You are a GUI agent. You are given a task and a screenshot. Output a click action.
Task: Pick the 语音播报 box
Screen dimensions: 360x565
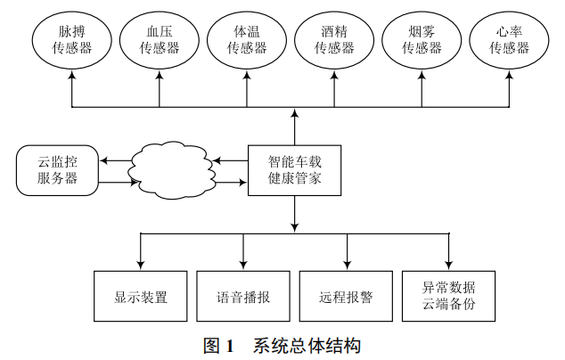(x=243, y=296)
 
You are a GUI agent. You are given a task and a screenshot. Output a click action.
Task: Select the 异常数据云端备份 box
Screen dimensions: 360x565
(x=448, y=296)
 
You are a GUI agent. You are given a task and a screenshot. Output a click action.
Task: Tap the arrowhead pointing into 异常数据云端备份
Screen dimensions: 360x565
(x=448, y=266)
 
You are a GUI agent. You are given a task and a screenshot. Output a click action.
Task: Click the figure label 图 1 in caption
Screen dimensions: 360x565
(x=217, y=345)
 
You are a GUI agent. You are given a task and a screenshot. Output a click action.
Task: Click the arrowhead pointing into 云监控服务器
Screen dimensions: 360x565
(x=102, y=160)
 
